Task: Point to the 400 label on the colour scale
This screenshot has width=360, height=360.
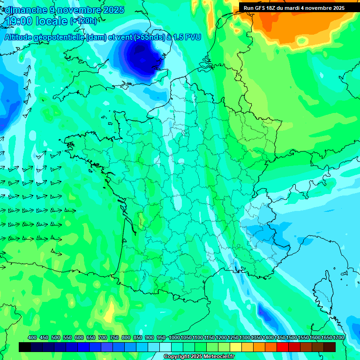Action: tap(32, 337)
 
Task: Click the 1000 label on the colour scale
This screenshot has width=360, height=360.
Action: tap(174, 337)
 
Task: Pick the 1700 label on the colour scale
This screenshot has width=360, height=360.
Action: tap(338, 337)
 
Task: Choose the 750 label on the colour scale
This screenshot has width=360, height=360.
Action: tap(114, 337)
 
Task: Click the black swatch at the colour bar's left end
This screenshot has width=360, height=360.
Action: tap(25, 347)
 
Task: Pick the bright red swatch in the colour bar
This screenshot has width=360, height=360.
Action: tap(282, 347)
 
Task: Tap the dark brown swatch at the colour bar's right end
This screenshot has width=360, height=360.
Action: tap(330, 347)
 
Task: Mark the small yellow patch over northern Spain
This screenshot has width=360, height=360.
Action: tap(110, 311)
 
